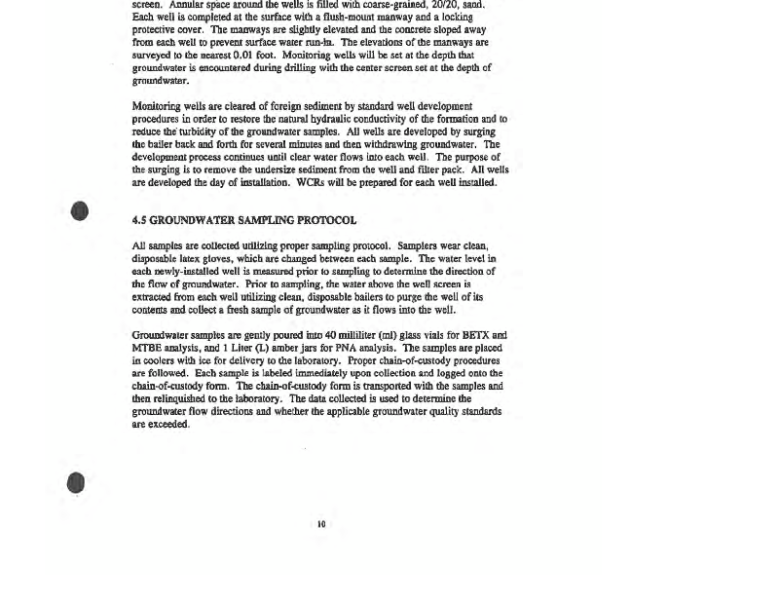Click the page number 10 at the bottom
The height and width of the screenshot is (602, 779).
(320, 524)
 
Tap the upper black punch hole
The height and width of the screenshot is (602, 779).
(80, 211)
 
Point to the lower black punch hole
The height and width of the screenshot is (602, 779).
(77, 482)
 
